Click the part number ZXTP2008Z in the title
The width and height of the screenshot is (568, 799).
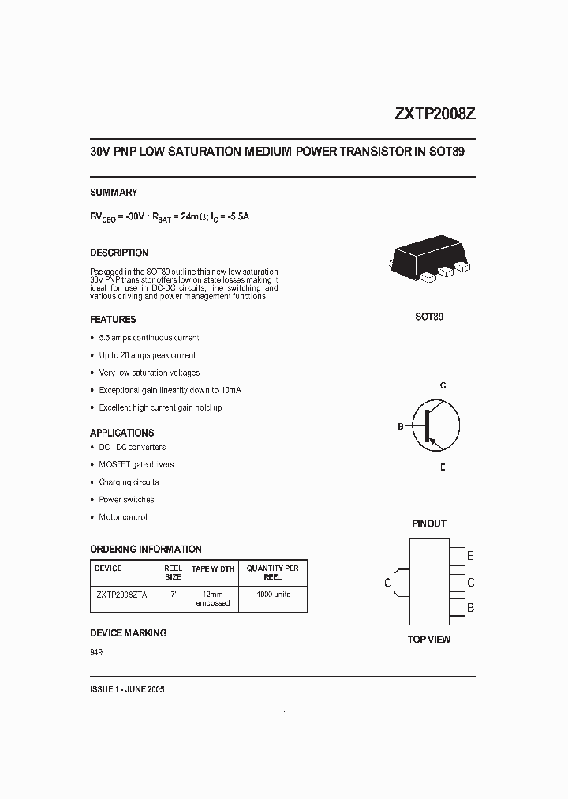[434, 114]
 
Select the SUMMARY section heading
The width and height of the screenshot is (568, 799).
[114, 192]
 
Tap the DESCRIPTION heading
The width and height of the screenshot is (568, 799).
[119, 253]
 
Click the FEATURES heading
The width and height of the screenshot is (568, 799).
[113, 320]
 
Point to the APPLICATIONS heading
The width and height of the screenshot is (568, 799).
[121, 433]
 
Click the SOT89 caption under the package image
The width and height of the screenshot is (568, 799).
[429, 317]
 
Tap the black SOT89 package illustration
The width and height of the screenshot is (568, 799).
[429, 259]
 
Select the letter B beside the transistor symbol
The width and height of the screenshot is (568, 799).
[401, 426]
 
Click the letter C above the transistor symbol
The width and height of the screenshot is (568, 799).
[443, 385]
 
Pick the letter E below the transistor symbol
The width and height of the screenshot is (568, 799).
[443, 467]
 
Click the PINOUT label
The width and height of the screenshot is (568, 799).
[429, 523]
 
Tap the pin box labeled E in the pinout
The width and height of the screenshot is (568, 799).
[457, 556]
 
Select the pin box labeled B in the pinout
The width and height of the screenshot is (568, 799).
[457, 609]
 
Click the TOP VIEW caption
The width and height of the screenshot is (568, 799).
[429, 639]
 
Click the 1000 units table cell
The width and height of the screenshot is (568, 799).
[273, 595]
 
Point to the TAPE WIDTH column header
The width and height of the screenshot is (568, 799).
[213, 568]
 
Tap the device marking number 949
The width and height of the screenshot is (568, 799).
[96, 652]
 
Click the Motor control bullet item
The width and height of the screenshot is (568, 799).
[122, 517]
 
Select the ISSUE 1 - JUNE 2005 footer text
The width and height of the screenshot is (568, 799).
[127, 689]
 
